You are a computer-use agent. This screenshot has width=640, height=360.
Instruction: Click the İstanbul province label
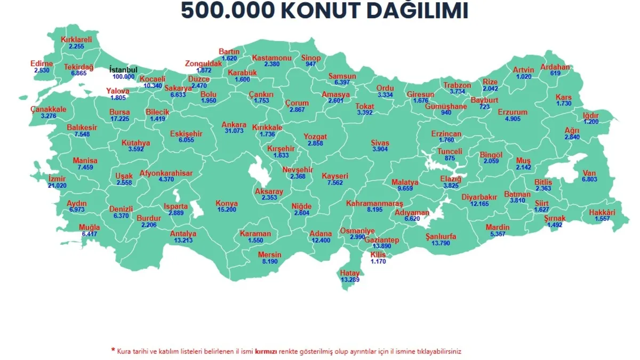click(123, 70)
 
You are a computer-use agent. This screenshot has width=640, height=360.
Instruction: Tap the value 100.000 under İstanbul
click(123, 77)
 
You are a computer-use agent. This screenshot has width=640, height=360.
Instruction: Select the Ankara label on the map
click(234, 125)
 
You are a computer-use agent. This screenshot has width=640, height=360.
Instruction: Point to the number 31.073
click(234, 131)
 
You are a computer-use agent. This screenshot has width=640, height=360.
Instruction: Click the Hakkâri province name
click(602, 213)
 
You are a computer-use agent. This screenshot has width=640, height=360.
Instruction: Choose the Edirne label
click(42, 64)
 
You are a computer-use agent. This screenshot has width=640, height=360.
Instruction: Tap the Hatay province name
click(350, 273)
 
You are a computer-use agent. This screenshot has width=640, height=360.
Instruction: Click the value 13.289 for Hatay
click(350, 279)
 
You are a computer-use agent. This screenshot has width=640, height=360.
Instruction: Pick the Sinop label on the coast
click(311, 58)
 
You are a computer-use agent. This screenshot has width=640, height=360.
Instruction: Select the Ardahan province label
click(555, 67)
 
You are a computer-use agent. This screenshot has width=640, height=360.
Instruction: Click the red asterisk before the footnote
click(113, 350)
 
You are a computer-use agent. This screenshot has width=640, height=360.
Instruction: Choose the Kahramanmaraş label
click(375, 204)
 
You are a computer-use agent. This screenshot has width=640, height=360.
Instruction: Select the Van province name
click(589, 173)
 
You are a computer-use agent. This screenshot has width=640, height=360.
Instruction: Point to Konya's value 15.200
click(227, 210)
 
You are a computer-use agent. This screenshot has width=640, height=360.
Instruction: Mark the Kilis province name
click(378, 255)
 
